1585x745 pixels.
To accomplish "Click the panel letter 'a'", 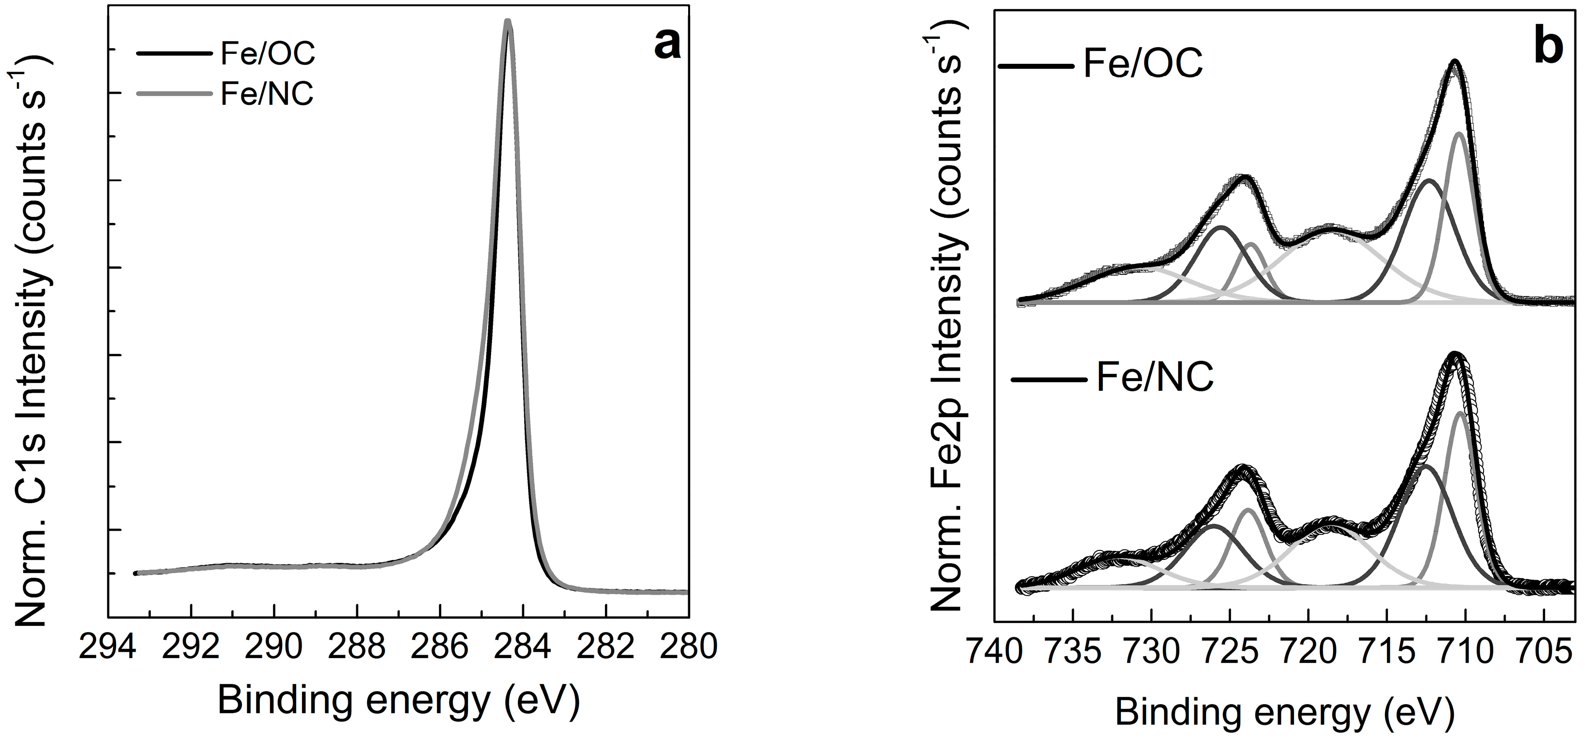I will click(667, 46).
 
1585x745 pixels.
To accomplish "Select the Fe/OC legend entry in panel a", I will click(268, 54).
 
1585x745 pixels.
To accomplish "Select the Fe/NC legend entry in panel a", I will click(267, 95).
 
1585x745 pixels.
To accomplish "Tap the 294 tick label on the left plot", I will click(108, 648).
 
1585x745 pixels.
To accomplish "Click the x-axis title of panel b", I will click(1285, 714).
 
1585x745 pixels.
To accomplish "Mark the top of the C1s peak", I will click(508, 22).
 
